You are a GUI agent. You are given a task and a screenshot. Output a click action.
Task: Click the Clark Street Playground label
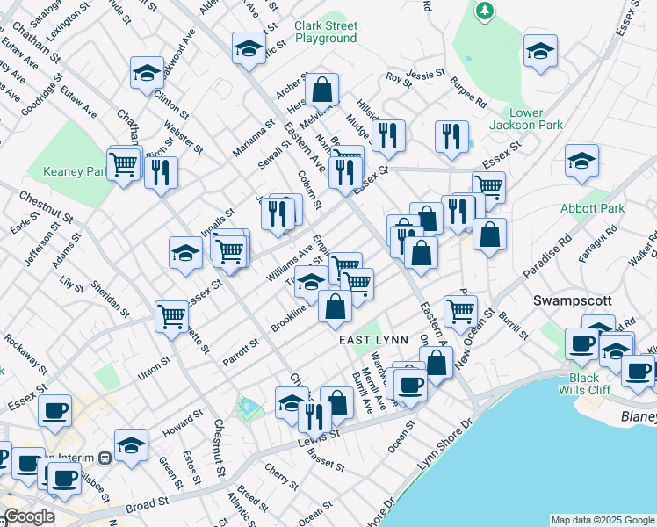pos(326,32)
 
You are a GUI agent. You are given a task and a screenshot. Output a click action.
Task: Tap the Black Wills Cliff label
pos(585,385)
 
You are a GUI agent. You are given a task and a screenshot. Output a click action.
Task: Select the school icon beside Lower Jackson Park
pos(540,52)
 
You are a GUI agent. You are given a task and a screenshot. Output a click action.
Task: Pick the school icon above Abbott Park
pos(581,162)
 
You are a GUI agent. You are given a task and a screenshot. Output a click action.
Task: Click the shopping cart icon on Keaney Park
pos(124,162)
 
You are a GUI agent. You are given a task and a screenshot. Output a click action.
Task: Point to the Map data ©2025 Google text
pos(603,520)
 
